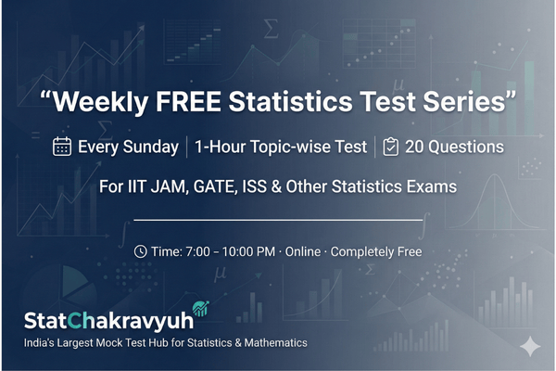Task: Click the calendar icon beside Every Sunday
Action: tap(62, 147)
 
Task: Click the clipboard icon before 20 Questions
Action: tap(391, 147)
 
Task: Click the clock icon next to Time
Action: tap(140, 251)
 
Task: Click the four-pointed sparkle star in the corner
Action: tap(530, 346)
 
